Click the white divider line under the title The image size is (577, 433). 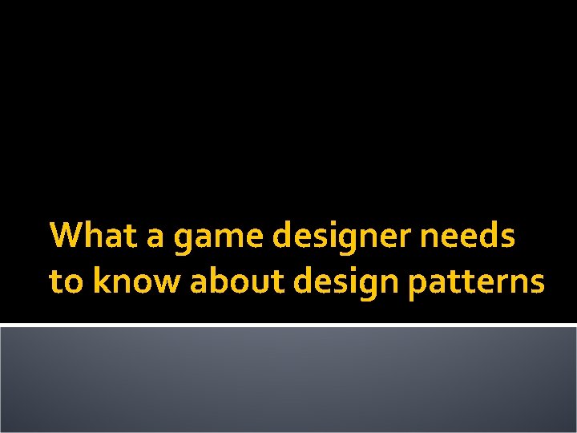click(x=288, y=325)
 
